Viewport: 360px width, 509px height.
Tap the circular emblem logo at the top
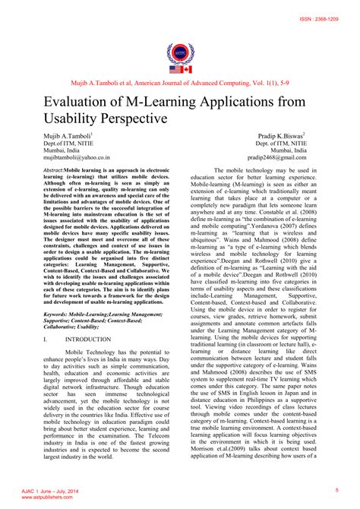179,53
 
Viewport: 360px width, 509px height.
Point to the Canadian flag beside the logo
188,68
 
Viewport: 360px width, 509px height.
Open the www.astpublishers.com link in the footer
42,498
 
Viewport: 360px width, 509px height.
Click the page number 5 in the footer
336,491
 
